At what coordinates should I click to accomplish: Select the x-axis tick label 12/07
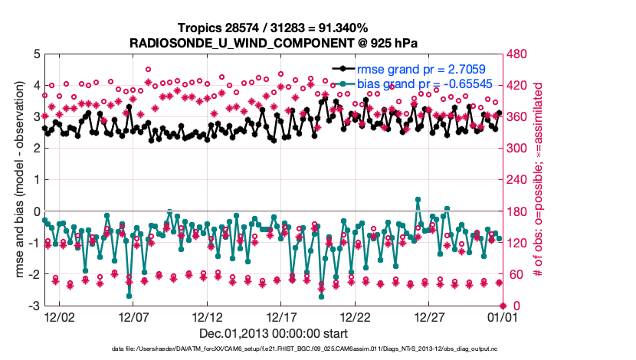pos(133,316)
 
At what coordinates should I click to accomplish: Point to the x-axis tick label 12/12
pos(208,316)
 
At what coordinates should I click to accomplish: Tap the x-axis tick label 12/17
pos(281,316)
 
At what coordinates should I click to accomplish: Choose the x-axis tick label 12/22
pos(356,316)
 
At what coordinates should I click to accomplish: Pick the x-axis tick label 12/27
pos(429,316)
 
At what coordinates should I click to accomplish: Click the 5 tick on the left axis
pos(36,54)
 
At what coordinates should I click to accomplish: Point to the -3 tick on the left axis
pos(34,306)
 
